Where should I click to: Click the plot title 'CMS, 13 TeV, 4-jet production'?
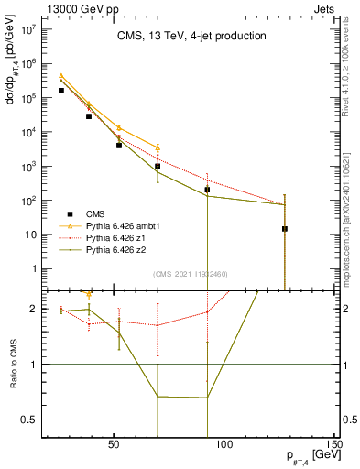pos(191,37)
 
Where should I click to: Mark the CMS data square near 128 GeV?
pos(285,229)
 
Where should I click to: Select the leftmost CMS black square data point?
pos(61,91)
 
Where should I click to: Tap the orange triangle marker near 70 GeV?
pos(158,147)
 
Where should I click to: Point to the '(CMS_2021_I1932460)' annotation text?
pos(191,274)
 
